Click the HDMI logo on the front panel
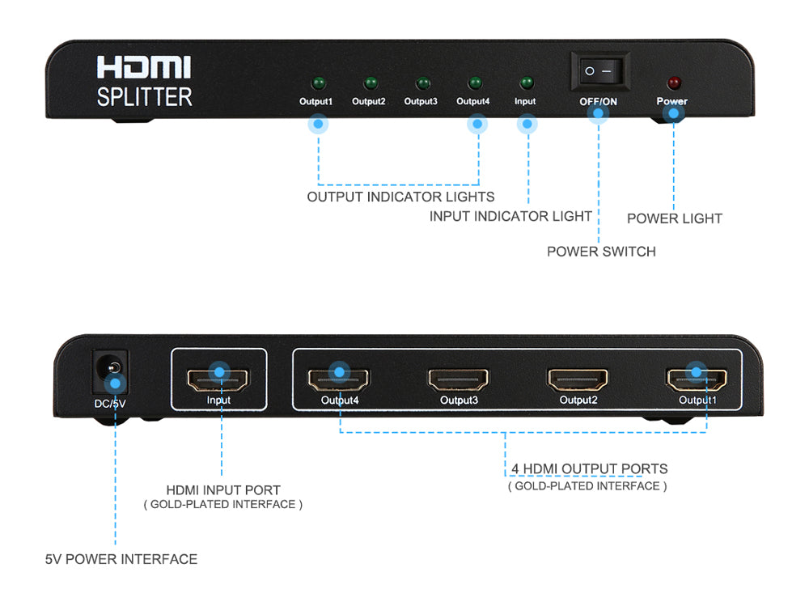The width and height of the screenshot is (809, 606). click(144, 68)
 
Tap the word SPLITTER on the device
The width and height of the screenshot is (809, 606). click(144, 97)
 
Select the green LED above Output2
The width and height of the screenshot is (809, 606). click(371, 83)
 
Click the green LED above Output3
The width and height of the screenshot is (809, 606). click(421, 83)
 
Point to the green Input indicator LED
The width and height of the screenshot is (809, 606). click(526, 83)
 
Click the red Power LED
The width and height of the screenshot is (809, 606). click(672, 83)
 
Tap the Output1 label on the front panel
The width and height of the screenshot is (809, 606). click(316, 102)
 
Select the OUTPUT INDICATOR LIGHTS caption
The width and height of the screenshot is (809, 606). click(400, 197)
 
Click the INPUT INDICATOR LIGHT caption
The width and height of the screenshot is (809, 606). click(510, 216)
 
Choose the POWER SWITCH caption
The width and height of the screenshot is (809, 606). click(601, 252)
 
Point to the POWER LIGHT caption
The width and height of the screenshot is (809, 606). click(674, 218)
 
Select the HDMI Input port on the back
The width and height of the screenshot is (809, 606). click(218, 378)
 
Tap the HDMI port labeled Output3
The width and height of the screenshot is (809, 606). click(459, 378)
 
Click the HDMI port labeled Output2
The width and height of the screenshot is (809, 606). click(578, 378)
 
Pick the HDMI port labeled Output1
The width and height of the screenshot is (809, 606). click(697, 378)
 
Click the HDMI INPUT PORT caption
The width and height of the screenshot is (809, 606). click(223, 490)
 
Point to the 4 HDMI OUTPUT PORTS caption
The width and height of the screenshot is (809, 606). click(589, 469)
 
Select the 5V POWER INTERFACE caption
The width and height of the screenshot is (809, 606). click(121, 559)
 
